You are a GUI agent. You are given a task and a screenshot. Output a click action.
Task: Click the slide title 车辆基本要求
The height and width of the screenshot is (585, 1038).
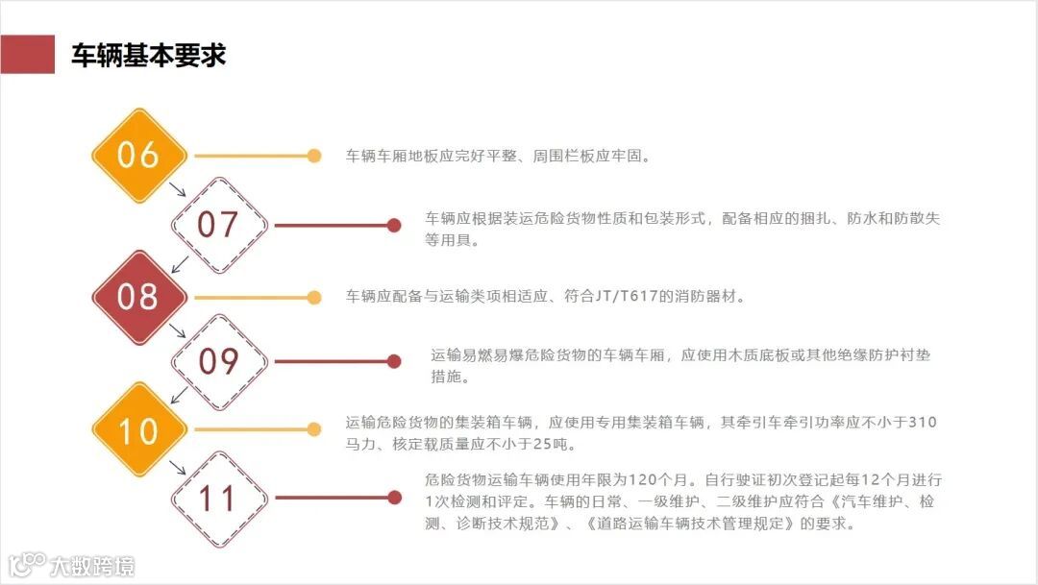pyautogui.click(x=148, y=55)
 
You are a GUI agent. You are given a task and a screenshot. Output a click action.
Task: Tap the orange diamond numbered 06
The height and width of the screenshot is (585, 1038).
pyautogui.click(x=138, y=156)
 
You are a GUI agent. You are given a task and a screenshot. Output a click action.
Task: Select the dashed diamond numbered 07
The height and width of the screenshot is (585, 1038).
pyautogui.click(x=218, y=225)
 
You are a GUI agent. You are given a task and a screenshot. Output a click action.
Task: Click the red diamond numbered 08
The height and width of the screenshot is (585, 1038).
pyautogui.click(x=138, y=297)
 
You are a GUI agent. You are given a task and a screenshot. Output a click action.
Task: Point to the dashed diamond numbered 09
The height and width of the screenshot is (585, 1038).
pyautogui.click(x=218, y=361)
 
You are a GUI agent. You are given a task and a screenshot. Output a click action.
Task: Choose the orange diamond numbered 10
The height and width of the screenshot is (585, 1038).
pyautogui.click(x=138, y=429)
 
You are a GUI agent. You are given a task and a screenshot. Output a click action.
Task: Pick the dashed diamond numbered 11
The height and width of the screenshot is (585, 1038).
pyautogui.click(x=218, y=498)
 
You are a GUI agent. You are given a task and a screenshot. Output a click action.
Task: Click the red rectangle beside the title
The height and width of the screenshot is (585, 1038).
pyautogui.click(x=27, y=55)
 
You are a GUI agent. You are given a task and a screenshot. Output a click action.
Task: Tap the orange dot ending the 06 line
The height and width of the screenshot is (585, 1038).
pyautogui.click(x=313, y=156)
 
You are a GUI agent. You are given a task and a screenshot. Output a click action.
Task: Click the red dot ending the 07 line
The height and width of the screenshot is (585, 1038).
pyautogui.click(x=393, y=226)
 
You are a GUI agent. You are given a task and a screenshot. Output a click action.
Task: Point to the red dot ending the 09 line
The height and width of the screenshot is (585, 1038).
pyautogui.click(x=393, y=361)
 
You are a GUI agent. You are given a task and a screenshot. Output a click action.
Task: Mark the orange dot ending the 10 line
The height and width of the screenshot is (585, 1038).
pyautogui.click(x=313, y=429)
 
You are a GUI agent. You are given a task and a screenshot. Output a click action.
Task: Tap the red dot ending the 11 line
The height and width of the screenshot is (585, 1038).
pyautogui.click(x=393, y=498)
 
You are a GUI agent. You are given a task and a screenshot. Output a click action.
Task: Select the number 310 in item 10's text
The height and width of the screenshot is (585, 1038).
pyautogui.click(x=922, y=423)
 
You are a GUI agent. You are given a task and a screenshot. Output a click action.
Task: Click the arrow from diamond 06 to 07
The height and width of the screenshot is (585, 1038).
pyautogui.click(x=177, y=189)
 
